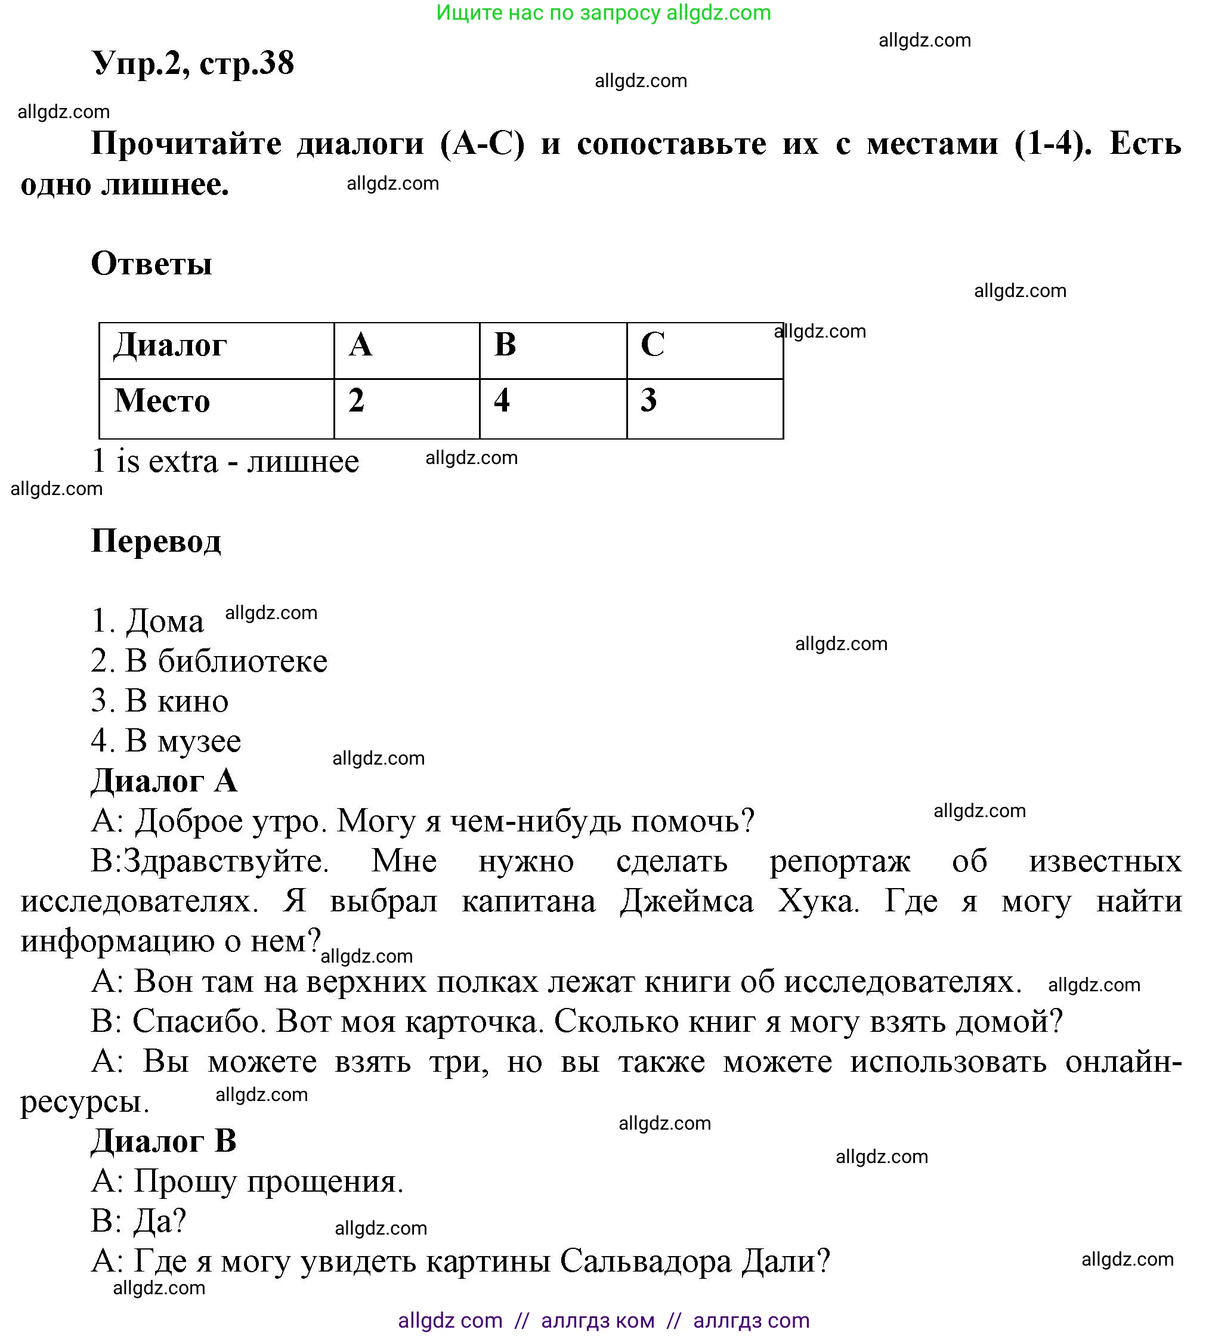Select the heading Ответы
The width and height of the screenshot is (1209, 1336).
pyautogui.click(x=151, y=264)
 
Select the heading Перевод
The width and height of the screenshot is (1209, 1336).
pyautogui.click(x=156, y=542)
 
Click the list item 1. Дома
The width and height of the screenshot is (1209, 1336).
pyautogui.click(x=147, y=621)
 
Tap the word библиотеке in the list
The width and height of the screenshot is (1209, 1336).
pyautogui.click(x=243, y=661)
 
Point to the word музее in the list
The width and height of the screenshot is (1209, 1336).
pyautogui.click(x=199, y=741)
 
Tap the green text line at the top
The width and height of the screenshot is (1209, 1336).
pyautogui.click(x=603, y=13)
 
